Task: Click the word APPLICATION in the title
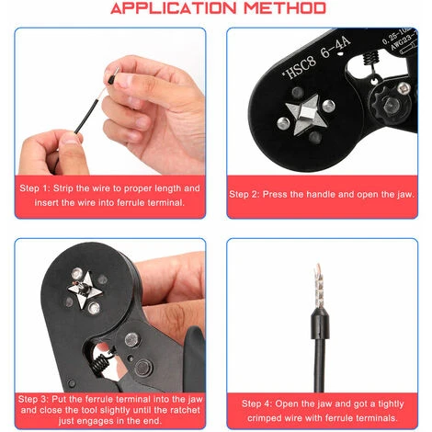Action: (x=174, y=8)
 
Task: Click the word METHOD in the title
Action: (x=285, y=8)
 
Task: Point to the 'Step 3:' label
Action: (x=33, y=399)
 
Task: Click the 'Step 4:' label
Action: (x=256, y=404)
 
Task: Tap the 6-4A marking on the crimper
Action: (x=335, y=49)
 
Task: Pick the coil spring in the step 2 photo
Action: (x=371, y=57)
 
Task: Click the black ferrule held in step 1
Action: (x=111, y=76)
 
